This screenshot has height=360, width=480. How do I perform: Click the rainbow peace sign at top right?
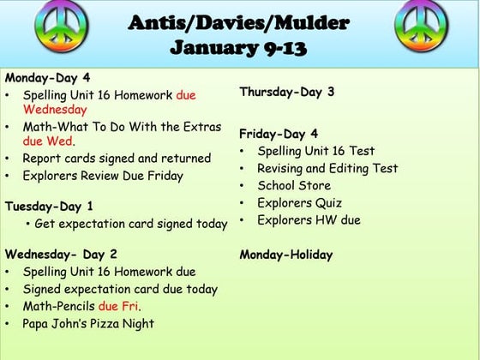pos(423,23)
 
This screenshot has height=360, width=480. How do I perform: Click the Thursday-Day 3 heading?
pos(286,92)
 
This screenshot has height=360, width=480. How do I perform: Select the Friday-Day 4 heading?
pos(279,134)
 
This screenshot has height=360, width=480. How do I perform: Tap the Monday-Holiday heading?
pos(285,255)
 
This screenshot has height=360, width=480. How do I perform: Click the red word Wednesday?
pos(55,110)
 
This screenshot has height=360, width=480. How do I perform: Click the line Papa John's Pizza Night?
pos(88,323)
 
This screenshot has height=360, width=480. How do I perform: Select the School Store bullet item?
pos(294,185)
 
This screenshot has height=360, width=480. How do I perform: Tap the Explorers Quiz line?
pos(299,203)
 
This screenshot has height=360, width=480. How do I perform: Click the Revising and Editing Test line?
pos(327,169)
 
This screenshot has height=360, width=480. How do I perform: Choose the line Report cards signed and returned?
pos(117,159)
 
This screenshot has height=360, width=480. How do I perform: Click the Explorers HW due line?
pos(309,220)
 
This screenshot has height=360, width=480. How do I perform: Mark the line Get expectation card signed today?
pos(131,224)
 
